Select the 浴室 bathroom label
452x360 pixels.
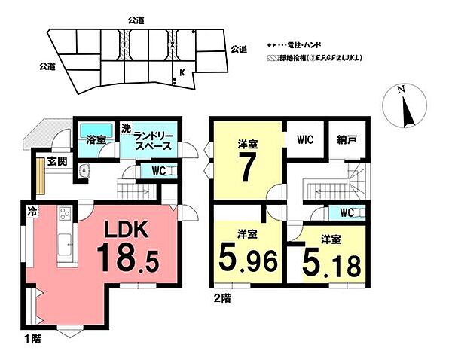coord(95,140)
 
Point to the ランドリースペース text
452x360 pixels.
coord(154,141)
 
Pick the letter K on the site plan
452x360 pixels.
coord(182,73)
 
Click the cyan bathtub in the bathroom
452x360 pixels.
coord(96,129)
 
